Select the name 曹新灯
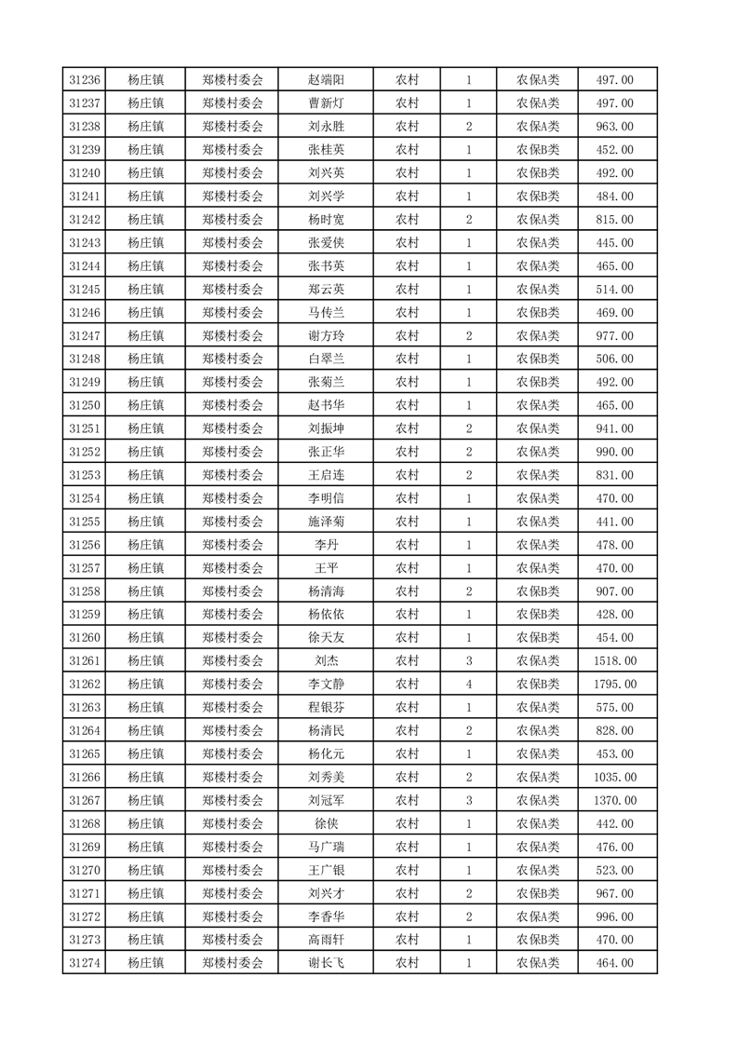[x=327, y=103]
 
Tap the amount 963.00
[x=614, y=127]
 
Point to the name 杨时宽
[x=327, y=219]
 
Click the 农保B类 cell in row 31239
[x=538, y=150]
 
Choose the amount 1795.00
[x=614, y=685]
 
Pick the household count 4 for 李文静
[x=468, y=685]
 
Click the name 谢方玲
[x=327, y=335]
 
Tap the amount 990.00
[x=614, y=452]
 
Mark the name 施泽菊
[x=327, y=522]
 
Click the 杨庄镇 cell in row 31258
[x=146, y=591]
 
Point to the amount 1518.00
[x=614, y=661]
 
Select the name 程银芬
[x=327, y=708]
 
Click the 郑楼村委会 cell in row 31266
[x=233, y=777]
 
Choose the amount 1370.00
[x=614, y=800]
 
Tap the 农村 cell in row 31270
[x=407, y=870]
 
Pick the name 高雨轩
[x=327, y=940]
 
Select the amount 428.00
[x=614, y=615]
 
